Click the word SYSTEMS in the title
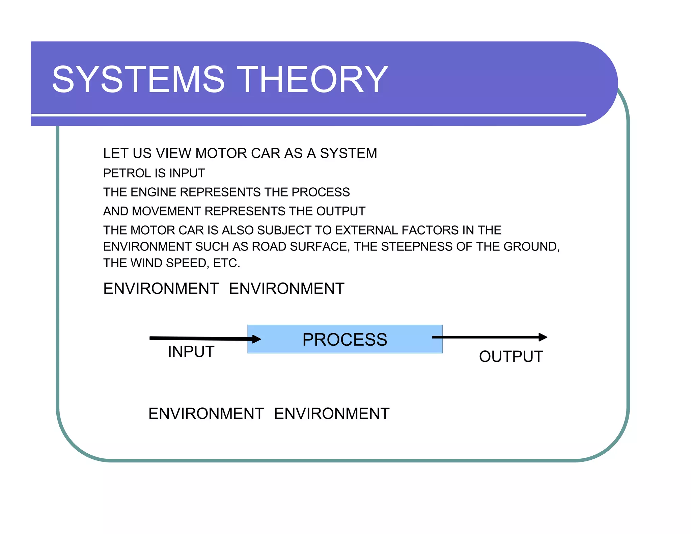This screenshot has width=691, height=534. click(x=138, y=80)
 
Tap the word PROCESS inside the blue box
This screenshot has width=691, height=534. click(x=344, y=340)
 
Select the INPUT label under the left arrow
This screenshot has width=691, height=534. click(x=191, y=352)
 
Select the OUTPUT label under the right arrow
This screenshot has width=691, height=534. click(x=511, y=357)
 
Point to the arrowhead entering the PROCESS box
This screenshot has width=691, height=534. click(x=256, y=339)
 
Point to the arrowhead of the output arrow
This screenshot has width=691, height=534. click(x=543, y=337)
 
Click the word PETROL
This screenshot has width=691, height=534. click(x=121, y=173)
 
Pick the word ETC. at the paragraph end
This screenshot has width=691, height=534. click(x=226, y=263)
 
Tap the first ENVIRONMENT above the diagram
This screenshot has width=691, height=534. click(x=161, y=289)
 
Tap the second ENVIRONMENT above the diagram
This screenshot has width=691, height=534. click(x=286, y=289)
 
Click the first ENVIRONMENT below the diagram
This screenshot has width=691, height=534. click(x=206, y=414)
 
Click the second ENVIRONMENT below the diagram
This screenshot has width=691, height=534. click(x=332, y=414)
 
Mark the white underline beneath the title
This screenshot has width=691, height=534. click(x=308, y=115)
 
